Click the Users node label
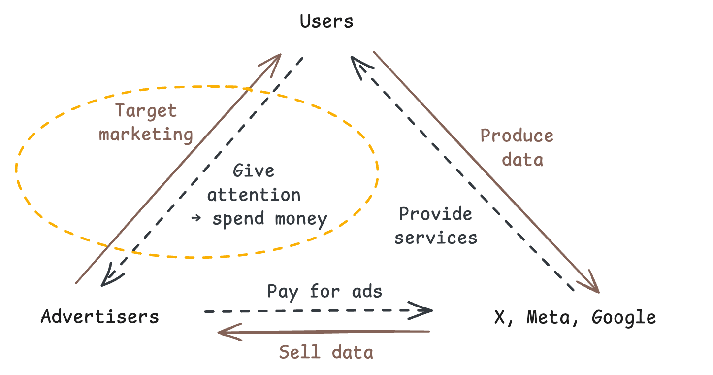(x=326, y=21)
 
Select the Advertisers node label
(x=99, y=316)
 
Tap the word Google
(x=623, y=317)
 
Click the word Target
(x=146, y=111)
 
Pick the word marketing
(x=146, y=134)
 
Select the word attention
(x=254, y=195)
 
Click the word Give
(x=254, y=171)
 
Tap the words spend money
(x=269, y=219)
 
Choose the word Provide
(x=435, y=214)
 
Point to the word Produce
(x=517, y=136)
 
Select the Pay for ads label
(x=324, y=292)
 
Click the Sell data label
(x=326, y=352)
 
